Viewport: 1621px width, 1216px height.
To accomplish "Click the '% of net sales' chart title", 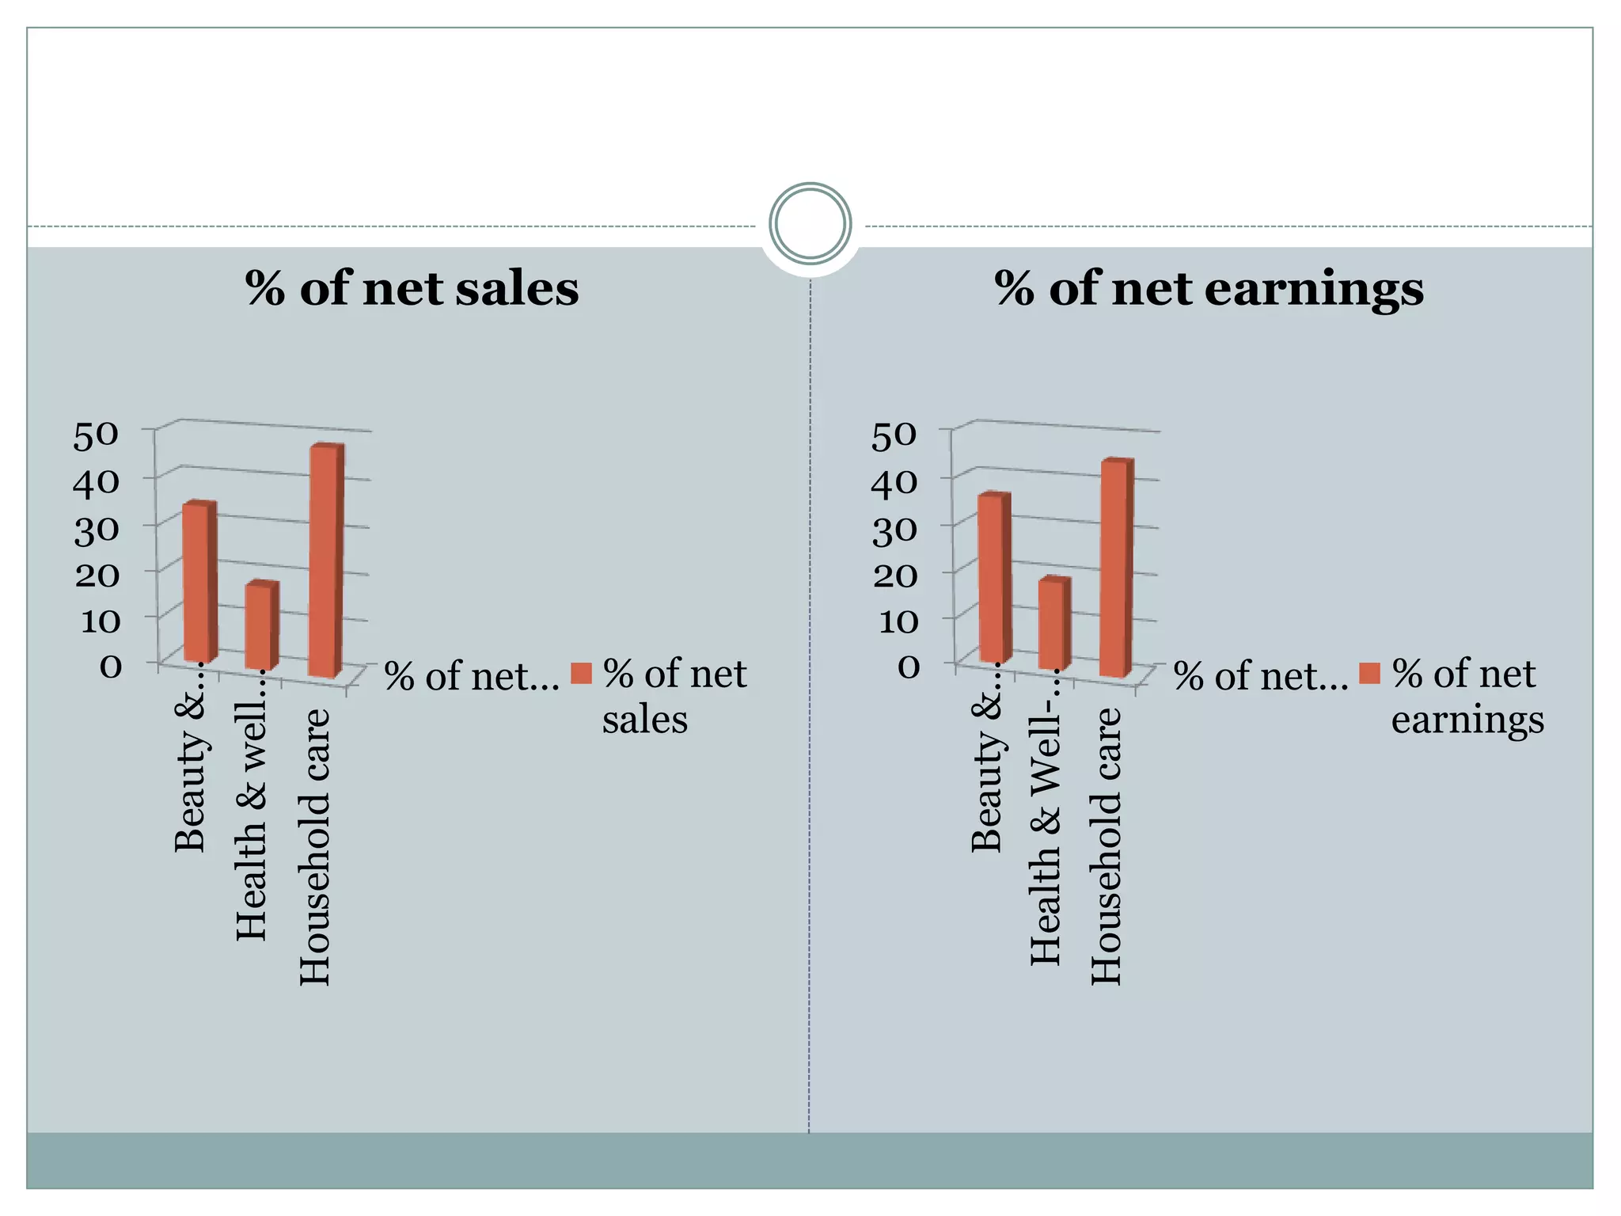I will pyautogui.click(x=412, y=288).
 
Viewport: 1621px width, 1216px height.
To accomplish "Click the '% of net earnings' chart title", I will pyautogui.click(x=1209, y=288).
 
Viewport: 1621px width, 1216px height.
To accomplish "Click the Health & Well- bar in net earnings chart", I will pyautogui.click(x=1053, y=624).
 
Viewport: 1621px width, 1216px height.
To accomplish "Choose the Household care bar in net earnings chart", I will pyautogui.click(x=1116, y=568).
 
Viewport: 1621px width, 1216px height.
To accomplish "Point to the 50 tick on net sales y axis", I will pyautogui.click(x=96, y=435).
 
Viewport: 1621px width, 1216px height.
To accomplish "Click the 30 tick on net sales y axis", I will pyautogui.click(x=97, y=530).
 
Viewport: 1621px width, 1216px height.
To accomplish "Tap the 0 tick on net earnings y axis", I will pyautogui.click(x=909, y=667).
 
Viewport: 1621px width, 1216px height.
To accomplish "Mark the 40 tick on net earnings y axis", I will pyautogui.click(x=894, y=482).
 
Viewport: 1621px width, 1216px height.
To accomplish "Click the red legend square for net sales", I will pyautogui.click(x=582, y=674).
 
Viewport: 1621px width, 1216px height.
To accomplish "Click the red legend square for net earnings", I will pyautogui.click(x=1370, y=674).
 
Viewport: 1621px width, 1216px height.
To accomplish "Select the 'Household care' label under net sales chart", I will pyautogui.click(x=314, y=847).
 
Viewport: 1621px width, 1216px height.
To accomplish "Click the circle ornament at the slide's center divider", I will pyautogui.click(x=810, y=223).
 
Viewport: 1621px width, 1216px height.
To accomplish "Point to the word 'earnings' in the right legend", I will pyautogui.click(x=1467, y=720).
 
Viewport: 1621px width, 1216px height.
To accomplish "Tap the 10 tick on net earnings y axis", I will pyautogui.click(x=898, y=621).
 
